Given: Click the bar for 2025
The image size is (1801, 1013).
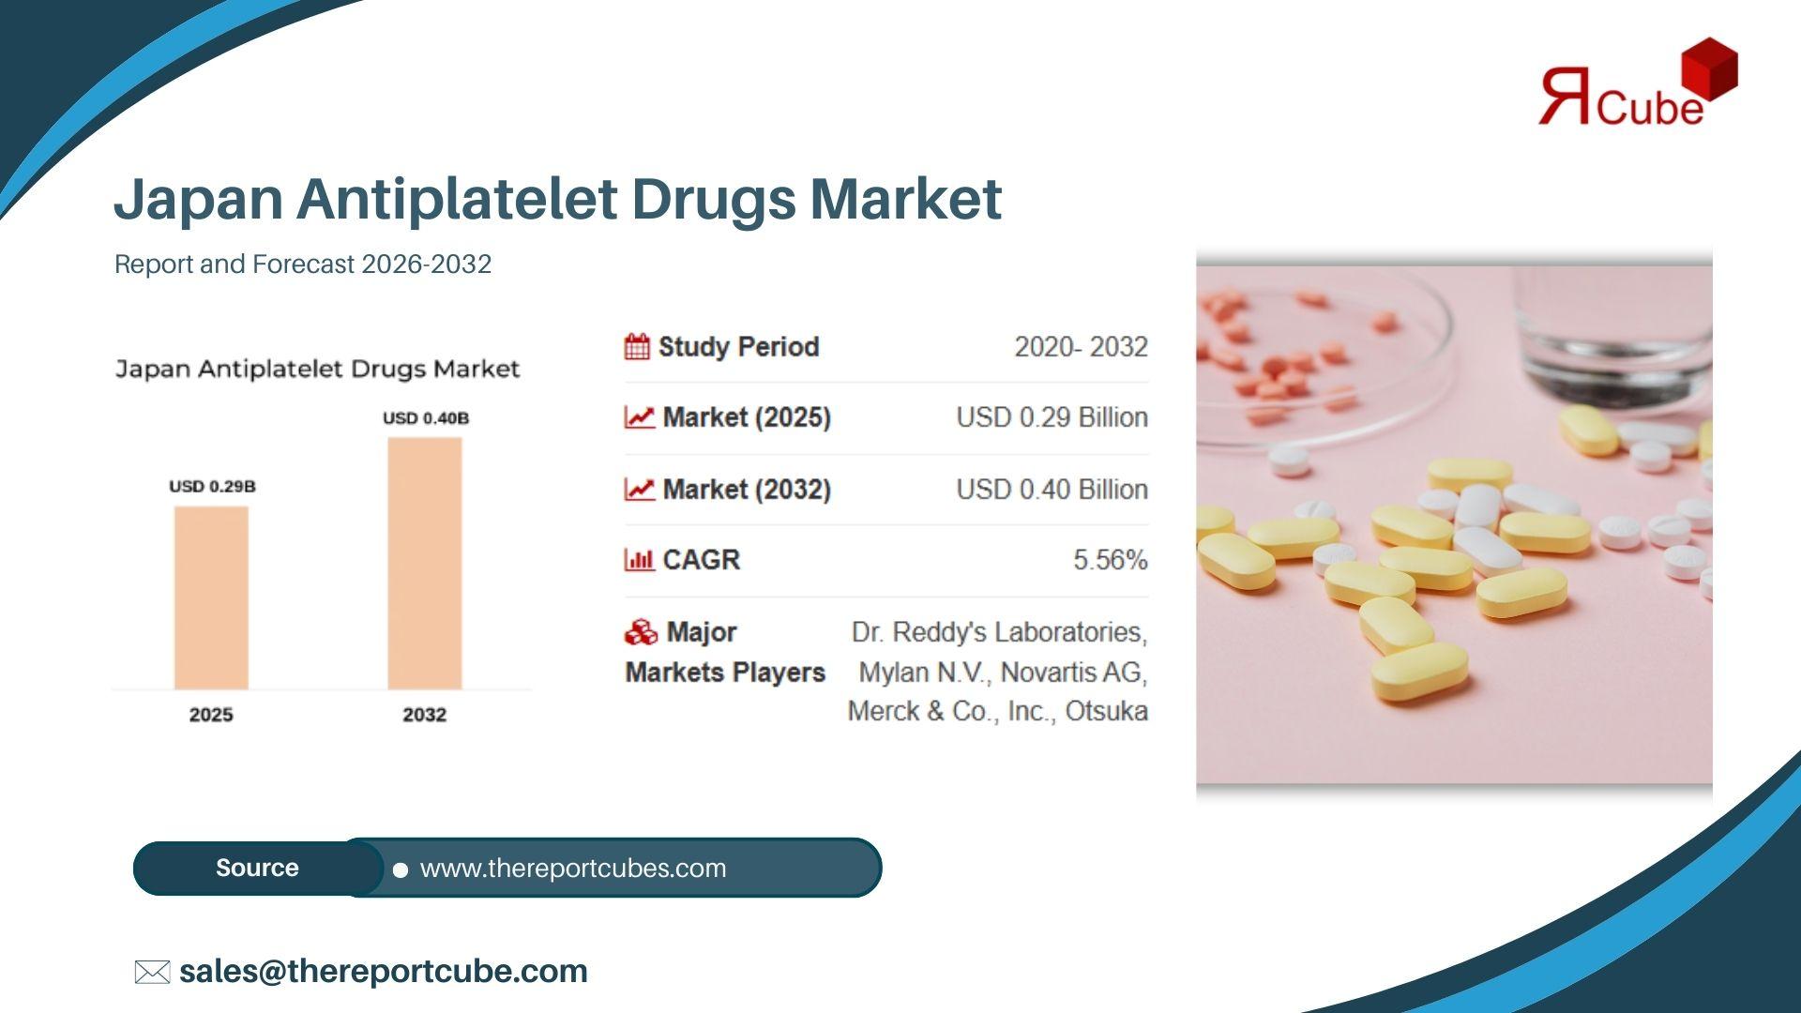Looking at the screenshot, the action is (211, 598).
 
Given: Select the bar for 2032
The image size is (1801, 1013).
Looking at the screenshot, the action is (425, 564).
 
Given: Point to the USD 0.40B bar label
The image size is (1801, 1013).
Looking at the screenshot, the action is (426, 417).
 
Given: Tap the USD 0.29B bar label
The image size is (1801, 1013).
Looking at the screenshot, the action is (212, 486).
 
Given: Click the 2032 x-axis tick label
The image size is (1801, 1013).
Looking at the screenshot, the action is (425, 715).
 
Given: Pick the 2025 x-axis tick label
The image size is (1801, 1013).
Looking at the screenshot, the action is (211, 715).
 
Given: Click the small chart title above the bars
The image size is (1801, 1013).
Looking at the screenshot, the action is (317, 370).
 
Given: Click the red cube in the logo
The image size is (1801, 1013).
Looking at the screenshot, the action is (1709, 68).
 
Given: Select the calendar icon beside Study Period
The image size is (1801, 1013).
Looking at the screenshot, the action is (637, 347).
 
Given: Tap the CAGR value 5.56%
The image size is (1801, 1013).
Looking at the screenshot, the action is (1111, 560).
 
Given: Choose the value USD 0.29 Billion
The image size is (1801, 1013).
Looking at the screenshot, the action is (1052, 417).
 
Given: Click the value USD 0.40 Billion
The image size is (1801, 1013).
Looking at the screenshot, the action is (1052, 490).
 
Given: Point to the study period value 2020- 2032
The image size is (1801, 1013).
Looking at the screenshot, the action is (1081, 347).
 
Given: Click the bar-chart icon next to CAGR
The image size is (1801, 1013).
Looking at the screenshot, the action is (639, 560).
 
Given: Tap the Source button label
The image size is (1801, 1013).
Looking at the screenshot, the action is (257, 868).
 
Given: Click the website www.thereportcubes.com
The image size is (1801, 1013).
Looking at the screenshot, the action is (573, 869).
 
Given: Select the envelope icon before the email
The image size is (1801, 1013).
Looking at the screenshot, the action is (152, 972).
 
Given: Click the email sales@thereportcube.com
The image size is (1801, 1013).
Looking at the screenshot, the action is (384, 972).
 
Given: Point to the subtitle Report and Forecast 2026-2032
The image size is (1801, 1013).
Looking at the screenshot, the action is (303, 265).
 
